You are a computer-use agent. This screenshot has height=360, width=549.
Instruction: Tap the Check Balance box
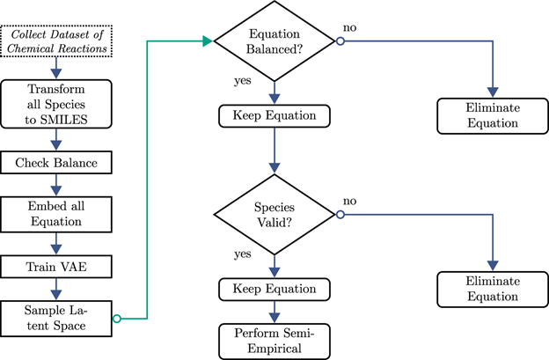coord(58,163)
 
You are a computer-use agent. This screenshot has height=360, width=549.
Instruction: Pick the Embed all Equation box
coord(58,213)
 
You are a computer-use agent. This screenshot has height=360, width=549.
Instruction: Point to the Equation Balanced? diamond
coord(277,40)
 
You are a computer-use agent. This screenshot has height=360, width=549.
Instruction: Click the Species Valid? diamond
coord(277,214)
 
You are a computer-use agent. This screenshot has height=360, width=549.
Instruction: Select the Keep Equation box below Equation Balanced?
coord(277,114)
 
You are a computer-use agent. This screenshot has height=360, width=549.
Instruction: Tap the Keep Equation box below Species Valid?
coord(277,288)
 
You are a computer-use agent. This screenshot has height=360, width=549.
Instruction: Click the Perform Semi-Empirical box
coord(277,337)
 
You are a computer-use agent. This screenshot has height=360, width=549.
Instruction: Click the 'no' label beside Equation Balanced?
coord(349,29)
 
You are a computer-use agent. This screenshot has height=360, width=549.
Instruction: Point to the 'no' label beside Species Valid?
coord(349,202)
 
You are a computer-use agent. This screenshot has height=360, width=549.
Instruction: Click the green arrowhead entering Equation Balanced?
coord(209,40)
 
